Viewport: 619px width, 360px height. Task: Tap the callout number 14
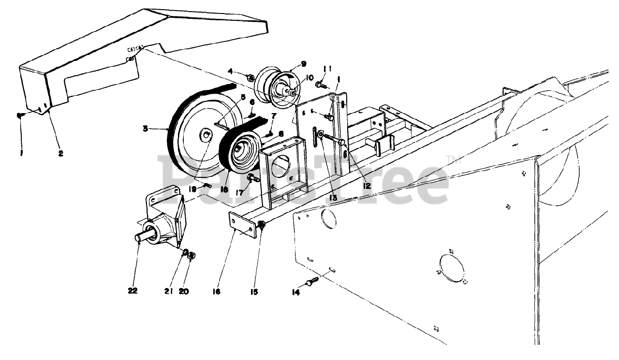click(x=295, y=292)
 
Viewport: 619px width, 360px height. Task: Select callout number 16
click(x=216, y=291)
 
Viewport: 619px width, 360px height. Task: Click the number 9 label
click(x=304, y=63)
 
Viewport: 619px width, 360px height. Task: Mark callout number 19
click(x=193, y=189)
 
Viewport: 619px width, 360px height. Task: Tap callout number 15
click(x=254, y=291)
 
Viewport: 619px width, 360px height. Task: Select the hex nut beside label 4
click(x=251, y=77)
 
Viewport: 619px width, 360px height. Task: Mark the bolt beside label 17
click(x=253, y=178)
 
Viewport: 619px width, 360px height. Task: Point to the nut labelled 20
click(x=191, y=255)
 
